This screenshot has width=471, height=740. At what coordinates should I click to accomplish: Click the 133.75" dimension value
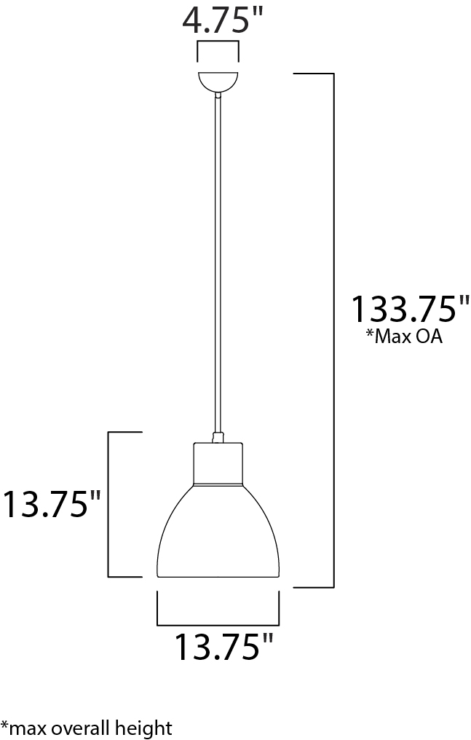pos(410,309)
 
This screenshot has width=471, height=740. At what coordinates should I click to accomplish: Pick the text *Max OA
pos(404,336)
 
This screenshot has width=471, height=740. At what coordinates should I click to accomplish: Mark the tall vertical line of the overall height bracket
pos(333,328)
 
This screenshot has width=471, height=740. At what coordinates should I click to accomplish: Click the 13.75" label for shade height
pos(52,504)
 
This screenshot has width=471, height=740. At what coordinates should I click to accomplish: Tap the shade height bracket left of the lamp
pos(109,504)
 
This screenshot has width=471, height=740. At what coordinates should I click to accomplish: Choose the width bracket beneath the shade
pos(218,624)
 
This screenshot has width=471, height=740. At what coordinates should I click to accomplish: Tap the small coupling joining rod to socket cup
pos(217,437)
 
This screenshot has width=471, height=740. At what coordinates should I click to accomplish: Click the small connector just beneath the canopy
pos(218,94)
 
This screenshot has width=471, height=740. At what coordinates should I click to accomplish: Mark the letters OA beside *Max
pos(428,336)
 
